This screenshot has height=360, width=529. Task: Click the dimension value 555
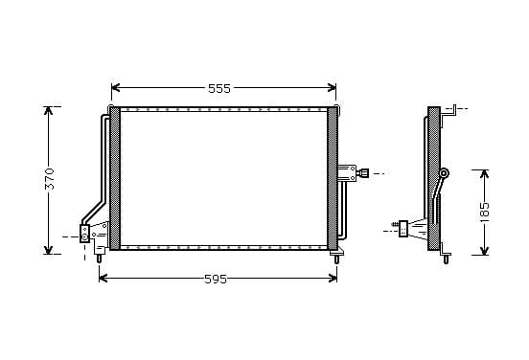219,88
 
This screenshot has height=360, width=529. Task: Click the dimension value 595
216,280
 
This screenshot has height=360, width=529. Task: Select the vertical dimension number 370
50,179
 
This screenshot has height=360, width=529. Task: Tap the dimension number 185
485,212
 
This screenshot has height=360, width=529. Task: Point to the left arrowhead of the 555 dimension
116,88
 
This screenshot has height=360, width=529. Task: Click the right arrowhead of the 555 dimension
332,88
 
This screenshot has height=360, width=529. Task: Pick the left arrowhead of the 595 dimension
103,278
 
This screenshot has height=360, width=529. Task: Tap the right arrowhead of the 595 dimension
333,278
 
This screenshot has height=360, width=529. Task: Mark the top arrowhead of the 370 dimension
48,111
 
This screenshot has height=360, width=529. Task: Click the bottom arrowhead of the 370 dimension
48,250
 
